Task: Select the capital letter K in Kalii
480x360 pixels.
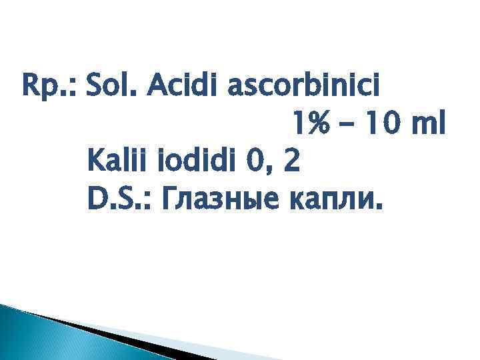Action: [94, 162]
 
